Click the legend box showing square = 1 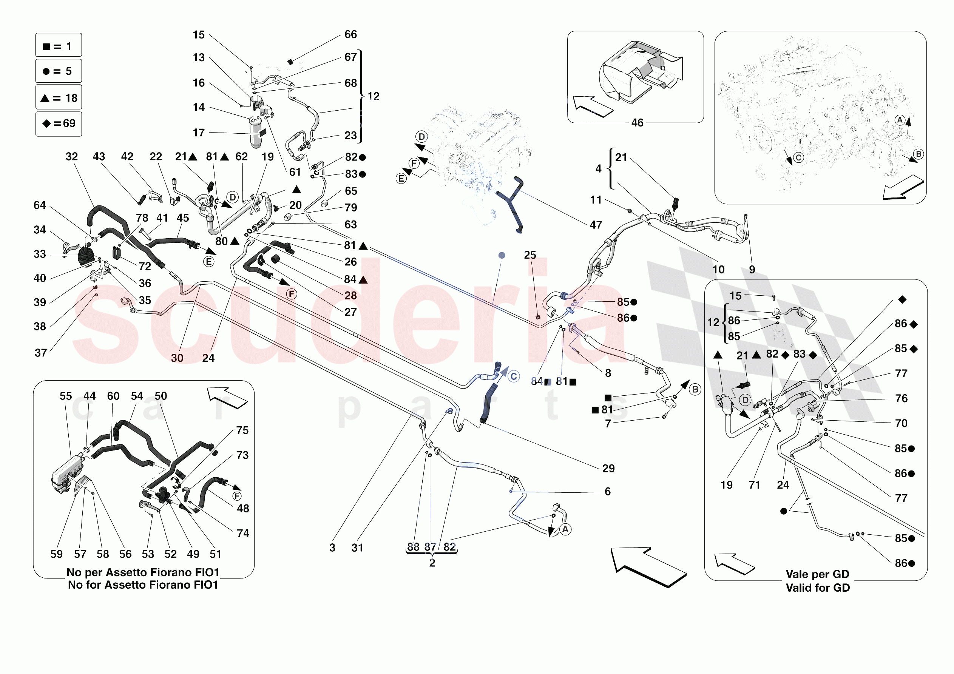point(59,45)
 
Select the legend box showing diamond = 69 point(59,123)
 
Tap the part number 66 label point(350,34)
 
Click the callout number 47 point(596,225)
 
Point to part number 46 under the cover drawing point(637,123)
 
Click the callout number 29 point(608,468)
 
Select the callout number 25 point(530,255)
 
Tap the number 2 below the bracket point(432,563)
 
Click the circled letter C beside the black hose point(514,376)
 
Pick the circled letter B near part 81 point(695,389)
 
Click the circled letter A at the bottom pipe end point(565,529)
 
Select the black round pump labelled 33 point(86,255)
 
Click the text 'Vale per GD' point(817,574)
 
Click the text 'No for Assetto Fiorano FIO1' point(143,585)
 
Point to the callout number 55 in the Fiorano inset point(66,396)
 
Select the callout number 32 point(71,157)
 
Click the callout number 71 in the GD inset point(754,485)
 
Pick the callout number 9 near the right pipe point(752,270)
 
